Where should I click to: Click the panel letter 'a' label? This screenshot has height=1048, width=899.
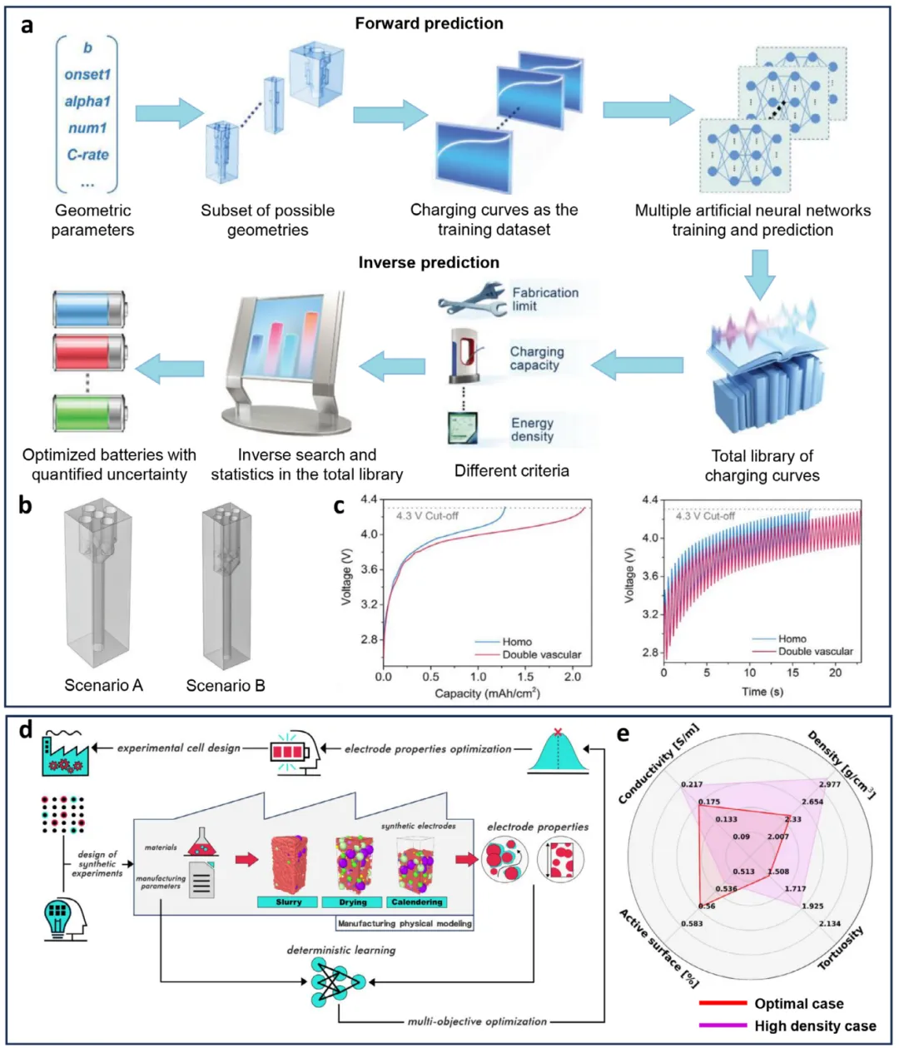[27, 25]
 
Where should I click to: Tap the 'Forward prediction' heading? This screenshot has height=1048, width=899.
[429, 23]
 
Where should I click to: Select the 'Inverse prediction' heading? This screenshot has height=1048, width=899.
[429, 263]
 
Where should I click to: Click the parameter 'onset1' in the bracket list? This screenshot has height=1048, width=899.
[87, 75]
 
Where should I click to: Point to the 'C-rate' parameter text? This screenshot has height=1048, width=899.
[87, 155]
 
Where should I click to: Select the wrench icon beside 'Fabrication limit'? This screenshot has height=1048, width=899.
[471, 300]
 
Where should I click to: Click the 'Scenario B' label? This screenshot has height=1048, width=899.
[226, 686]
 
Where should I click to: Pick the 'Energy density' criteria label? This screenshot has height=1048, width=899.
[532, 430]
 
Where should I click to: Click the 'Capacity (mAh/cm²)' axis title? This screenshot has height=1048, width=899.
[487, 693]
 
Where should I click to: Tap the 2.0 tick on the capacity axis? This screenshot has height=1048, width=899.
[573, 677]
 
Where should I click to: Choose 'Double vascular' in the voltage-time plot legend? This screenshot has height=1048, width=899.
[815, 651]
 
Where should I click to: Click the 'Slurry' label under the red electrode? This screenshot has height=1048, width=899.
[289, 902]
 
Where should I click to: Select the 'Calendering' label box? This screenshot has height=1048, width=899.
[416, 902]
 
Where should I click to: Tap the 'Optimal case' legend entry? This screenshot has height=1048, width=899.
[798, 1004]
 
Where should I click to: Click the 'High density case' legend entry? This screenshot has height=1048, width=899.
[815, 1026]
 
